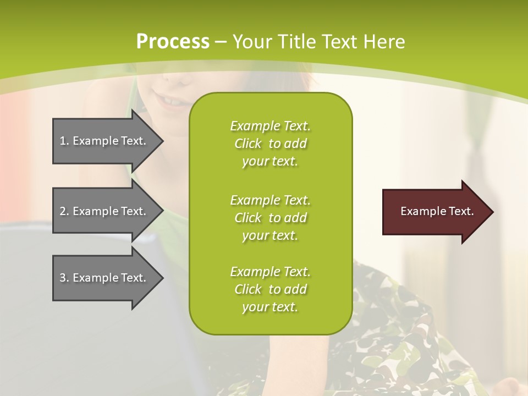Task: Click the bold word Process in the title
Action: [173, 42]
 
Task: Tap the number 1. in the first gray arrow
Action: [64, 141]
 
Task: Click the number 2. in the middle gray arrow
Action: [64, 211]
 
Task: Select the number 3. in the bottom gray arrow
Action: [64, 278]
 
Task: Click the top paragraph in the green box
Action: [270, 144]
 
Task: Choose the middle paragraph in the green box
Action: [270, 217]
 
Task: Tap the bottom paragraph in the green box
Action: [270, 289]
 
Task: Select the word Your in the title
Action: [252, 42]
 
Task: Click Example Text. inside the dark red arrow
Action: [437, 211]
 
